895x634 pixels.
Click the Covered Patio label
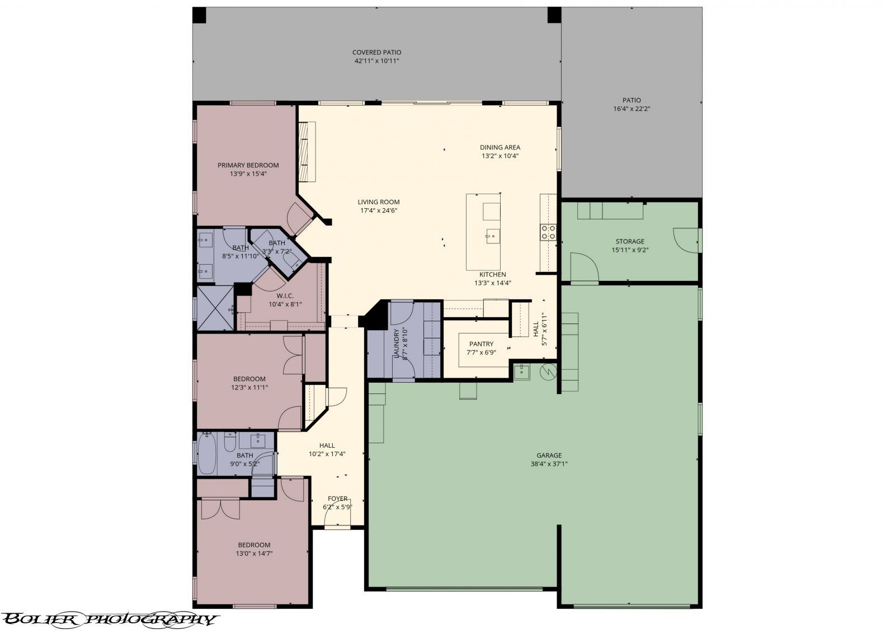click(376, 52)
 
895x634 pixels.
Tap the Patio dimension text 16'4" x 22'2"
click(631, 109)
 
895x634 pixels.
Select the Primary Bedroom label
click(248, 165)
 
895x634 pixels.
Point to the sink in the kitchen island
click(492, 236)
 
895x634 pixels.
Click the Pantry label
click(481, 344)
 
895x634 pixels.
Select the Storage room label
click(630, 242)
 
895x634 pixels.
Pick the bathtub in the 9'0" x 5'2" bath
click(206, 454)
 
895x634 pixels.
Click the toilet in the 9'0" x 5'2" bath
click(230, 443)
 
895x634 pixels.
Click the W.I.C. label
click(285, 295)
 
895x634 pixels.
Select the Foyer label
click(337, 499)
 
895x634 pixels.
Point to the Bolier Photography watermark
click(109, 618)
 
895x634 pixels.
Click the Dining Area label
click(500, 148)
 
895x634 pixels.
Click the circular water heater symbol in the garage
click(548, 370)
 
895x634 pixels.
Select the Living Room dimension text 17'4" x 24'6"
click(379, 211)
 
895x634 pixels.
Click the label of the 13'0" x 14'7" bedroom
click(254, 545)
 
